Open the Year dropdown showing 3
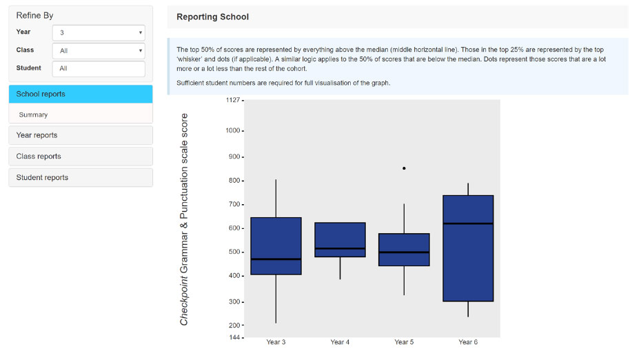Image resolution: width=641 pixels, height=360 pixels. [99, 32]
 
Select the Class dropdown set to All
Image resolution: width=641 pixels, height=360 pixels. [99, 51]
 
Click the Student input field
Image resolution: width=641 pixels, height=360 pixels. [99, 69]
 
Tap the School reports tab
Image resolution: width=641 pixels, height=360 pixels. [81, 94]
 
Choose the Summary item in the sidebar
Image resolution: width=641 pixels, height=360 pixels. [33, 115]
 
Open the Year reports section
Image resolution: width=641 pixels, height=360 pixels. [81, 135]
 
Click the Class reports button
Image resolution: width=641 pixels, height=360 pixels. [81, 157]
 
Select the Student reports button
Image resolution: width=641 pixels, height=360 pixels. [81, 177]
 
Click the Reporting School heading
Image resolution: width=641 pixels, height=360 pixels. [212, 17]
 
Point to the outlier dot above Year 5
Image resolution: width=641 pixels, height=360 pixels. [404, 168]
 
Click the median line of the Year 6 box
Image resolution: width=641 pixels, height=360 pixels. [468, 223]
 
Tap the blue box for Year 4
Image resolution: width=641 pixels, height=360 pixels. [340, 240]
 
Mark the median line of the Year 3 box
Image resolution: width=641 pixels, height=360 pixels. [276, 259]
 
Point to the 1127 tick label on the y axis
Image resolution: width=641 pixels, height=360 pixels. [233, 100]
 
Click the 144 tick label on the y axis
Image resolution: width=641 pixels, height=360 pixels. [234, 337]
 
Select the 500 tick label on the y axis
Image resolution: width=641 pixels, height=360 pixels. [234, 252]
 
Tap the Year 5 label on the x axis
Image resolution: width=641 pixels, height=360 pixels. [404, 342]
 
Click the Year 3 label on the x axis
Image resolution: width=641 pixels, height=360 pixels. [276, 342]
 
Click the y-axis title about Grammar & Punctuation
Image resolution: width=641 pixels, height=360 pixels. [184, 219]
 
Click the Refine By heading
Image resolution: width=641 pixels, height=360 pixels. [34, 16]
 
